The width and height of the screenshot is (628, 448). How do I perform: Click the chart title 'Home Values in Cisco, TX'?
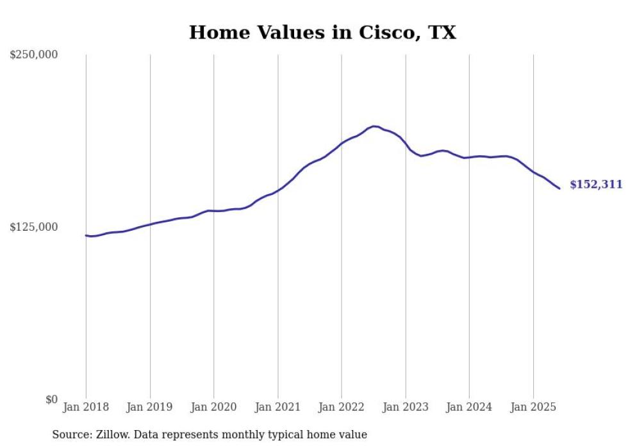tap(322, 33)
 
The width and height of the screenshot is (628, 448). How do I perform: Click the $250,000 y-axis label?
tap(33, 55)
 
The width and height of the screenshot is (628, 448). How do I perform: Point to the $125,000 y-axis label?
tap(33, 227)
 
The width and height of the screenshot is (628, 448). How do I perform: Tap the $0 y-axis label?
tap(51, 399)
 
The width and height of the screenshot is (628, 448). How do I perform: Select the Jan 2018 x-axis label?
tap(86, 407)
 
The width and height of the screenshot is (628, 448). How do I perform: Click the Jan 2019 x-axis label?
tap(150, 407)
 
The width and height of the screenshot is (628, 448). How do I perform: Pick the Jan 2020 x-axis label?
tap(213, 407)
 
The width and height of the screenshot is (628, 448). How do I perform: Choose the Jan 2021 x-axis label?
tap(277, 407)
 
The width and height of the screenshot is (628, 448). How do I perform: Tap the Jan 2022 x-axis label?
tap(342, 407)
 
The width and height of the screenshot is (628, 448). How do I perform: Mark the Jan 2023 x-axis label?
tap(405, 407)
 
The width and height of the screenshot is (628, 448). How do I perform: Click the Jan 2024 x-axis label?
tap(469, 407)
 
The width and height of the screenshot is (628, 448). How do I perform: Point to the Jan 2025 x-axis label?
tap(533, 407)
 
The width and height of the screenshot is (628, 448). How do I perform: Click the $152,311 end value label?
tap(596, 185)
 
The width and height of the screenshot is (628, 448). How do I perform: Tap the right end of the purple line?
tap(559, 188)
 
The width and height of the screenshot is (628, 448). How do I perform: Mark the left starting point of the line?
tap(86, 235)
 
